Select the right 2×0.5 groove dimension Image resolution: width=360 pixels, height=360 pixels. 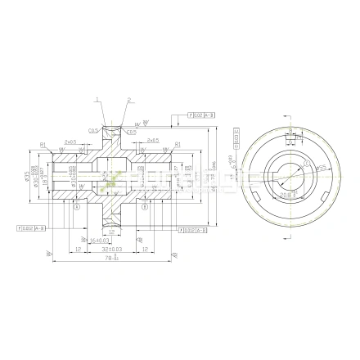click(x=152, y=141)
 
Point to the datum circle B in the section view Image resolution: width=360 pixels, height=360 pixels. click(x=144, y=207)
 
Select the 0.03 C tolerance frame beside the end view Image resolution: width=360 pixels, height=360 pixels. click(x=236, y=141)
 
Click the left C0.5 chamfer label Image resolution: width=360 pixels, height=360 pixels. click(x=95, y=130)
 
